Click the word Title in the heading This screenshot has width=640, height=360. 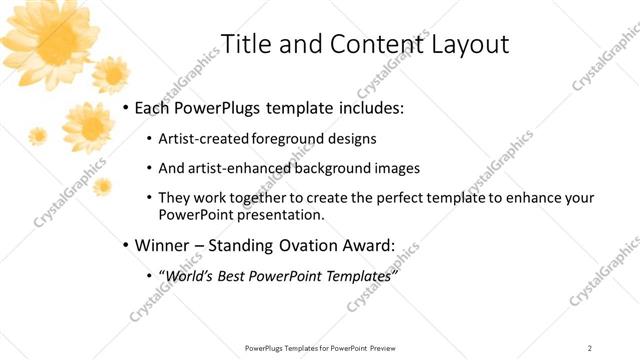click(x=244, y=45)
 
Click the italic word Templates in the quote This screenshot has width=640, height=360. click(x=359, y=275)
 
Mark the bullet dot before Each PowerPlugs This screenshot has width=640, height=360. click(x=125, y=108)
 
